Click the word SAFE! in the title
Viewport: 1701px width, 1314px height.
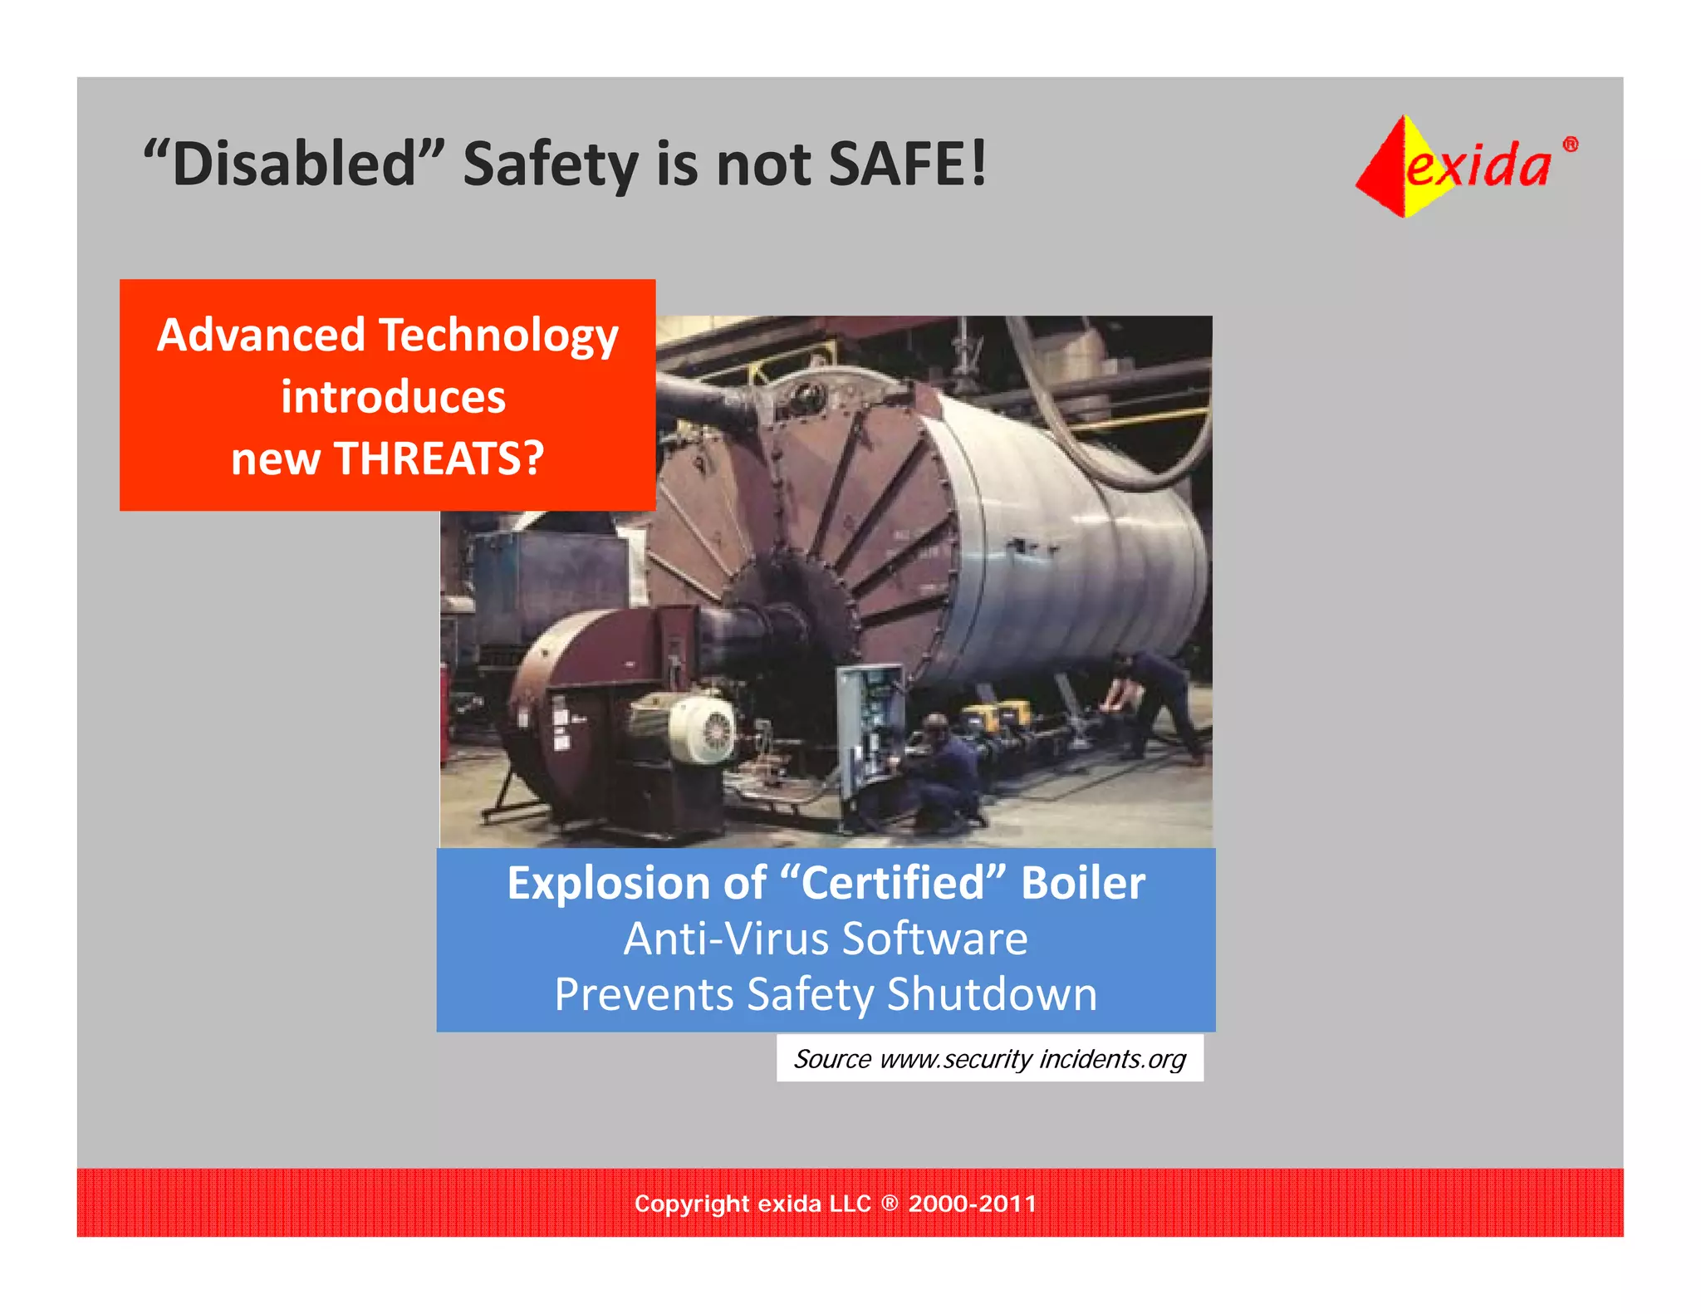[907, 164]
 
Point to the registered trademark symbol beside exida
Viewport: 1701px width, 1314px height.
[1570, 145]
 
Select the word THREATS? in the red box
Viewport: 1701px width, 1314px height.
[439, 458]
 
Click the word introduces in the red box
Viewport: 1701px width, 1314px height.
[393, 397]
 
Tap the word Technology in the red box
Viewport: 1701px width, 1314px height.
[498, 336]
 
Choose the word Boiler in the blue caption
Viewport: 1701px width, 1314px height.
[1082, 883]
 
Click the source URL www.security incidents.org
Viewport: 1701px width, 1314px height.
[1032, 1059]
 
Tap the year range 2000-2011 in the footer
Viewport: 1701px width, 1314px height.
[972, 1204]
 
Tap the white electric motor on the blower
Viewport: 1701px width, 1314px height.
[702, 729]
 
